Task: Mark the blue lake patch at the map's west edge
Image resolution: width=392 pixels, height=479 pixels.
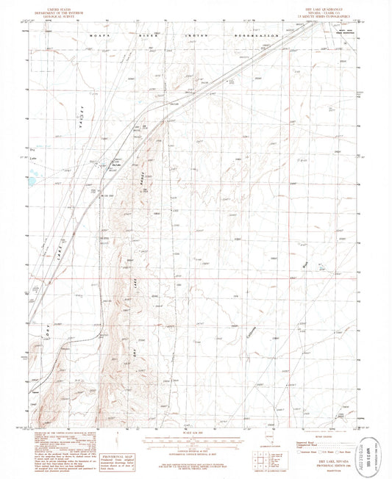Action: (x=32, y=178)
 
